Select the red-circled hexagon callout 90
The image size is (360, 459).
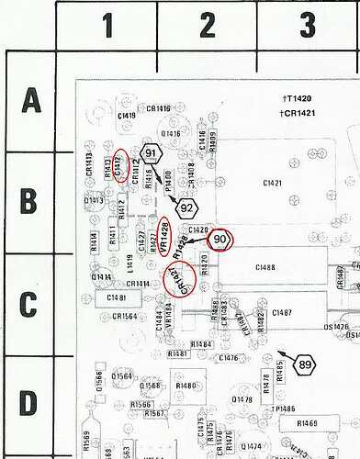pyautogui.click(x=220, y=239)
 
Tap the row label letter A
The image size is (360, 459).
pyautogui.click(x=30, y=99)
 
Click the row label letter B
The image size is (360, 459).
pyautogui.click(x=30, y=199)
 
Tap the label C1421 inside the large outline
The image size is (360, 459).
pyautogui.click(x=272, y=184)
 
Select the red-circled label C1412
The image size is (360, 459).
pyautogui.click(x=119, y=164)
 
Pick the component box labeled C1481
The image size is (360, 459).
pyautogui.click(x=117, y=297)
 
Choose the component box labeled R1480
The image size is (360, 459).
pyautogui.click(x=184, y=386)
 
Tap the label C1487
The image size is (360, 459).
pyautogui.click(x=282, y=313)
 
